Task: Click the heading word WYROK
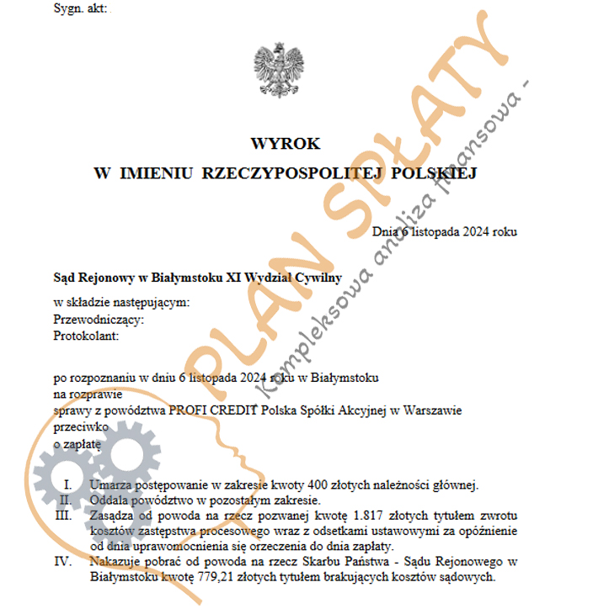[x=285, y=144]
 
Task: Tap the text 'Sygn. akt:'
[x=80, y=8]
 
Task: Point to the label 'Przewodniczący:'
[x=99, y=320]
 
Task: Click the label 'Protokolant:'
[x=87, y=336]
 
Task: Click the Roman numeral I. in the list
[x=67, y=484]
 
